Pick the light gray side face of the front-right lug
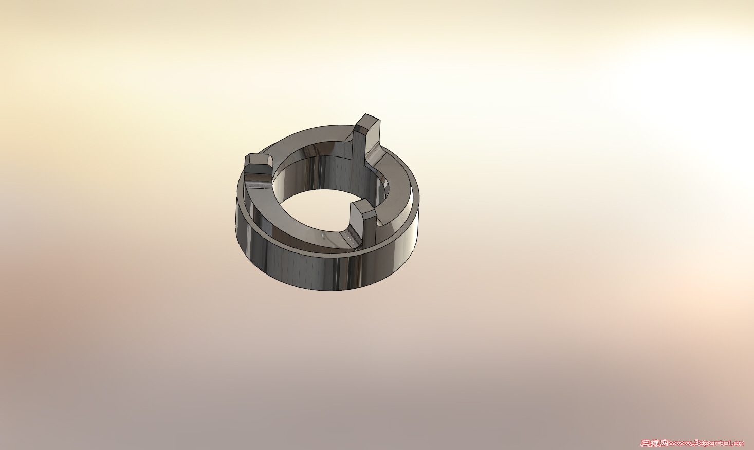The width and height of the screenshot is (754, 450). point(369,228)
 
